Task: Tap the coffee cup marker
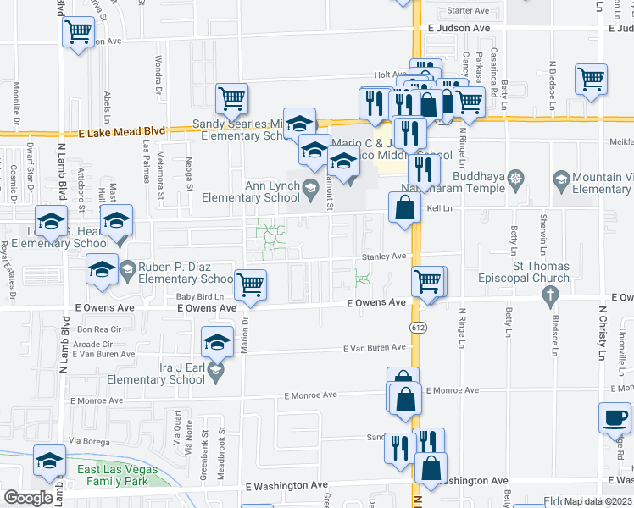(x=615, y=417)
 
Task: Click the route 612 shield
(x=420, y=327)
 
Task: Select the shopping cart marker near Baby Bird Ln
(x=251, y=285)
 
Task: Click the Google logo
(x=28, y=498)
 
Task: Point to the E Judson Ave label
(x=459, y=28)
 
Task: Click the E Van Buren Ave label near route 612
(x=375, y=348)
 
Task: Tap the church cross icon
(x=550, y=295)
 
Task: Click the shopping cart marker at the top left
(x=78, y=32)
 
